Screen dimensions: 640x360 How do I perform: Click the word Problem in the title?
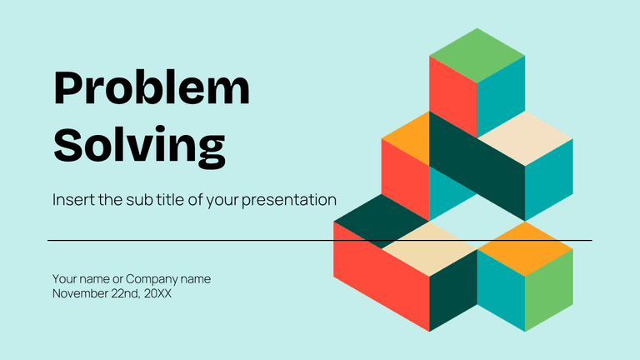[152, 88]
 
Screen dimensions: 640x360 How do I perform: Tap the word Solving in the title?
[140, 147]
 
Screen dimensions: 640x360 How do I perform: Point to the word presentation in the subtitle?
[289, 201]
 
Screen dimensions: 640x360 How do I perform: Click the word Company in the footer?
[151, 280]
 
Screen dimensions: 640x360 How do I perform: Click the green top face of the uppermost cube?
[477, 56]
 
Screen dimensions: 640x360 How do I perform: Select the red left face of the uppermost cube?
[453, 97]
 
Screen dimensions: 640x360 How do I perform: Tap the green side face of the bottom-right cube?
[549, 290]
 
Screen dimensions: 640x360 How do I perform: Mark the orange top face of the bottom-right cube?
[525, 249]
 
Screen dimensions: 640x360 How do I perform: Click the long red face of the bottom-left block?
[381, 277]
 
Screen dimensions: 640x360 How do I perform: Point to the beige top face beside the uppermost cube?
[525, 138]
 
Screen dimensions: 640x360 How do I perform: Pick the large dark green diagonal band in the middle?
[477, 166]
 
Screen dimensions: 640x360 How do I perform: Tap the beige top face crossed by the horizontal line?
[429, 249]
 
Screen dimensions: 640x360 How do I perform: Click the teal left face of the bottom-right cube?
[501, 290]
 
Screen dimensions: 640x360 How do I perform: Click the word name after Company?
[196, 280]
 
